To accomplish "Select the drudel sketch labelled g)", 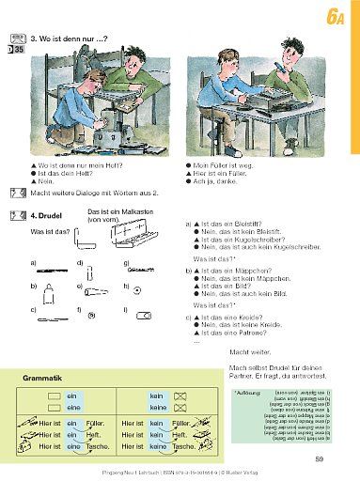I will point(141,271).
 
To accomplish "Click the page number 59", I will point(320,458).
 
